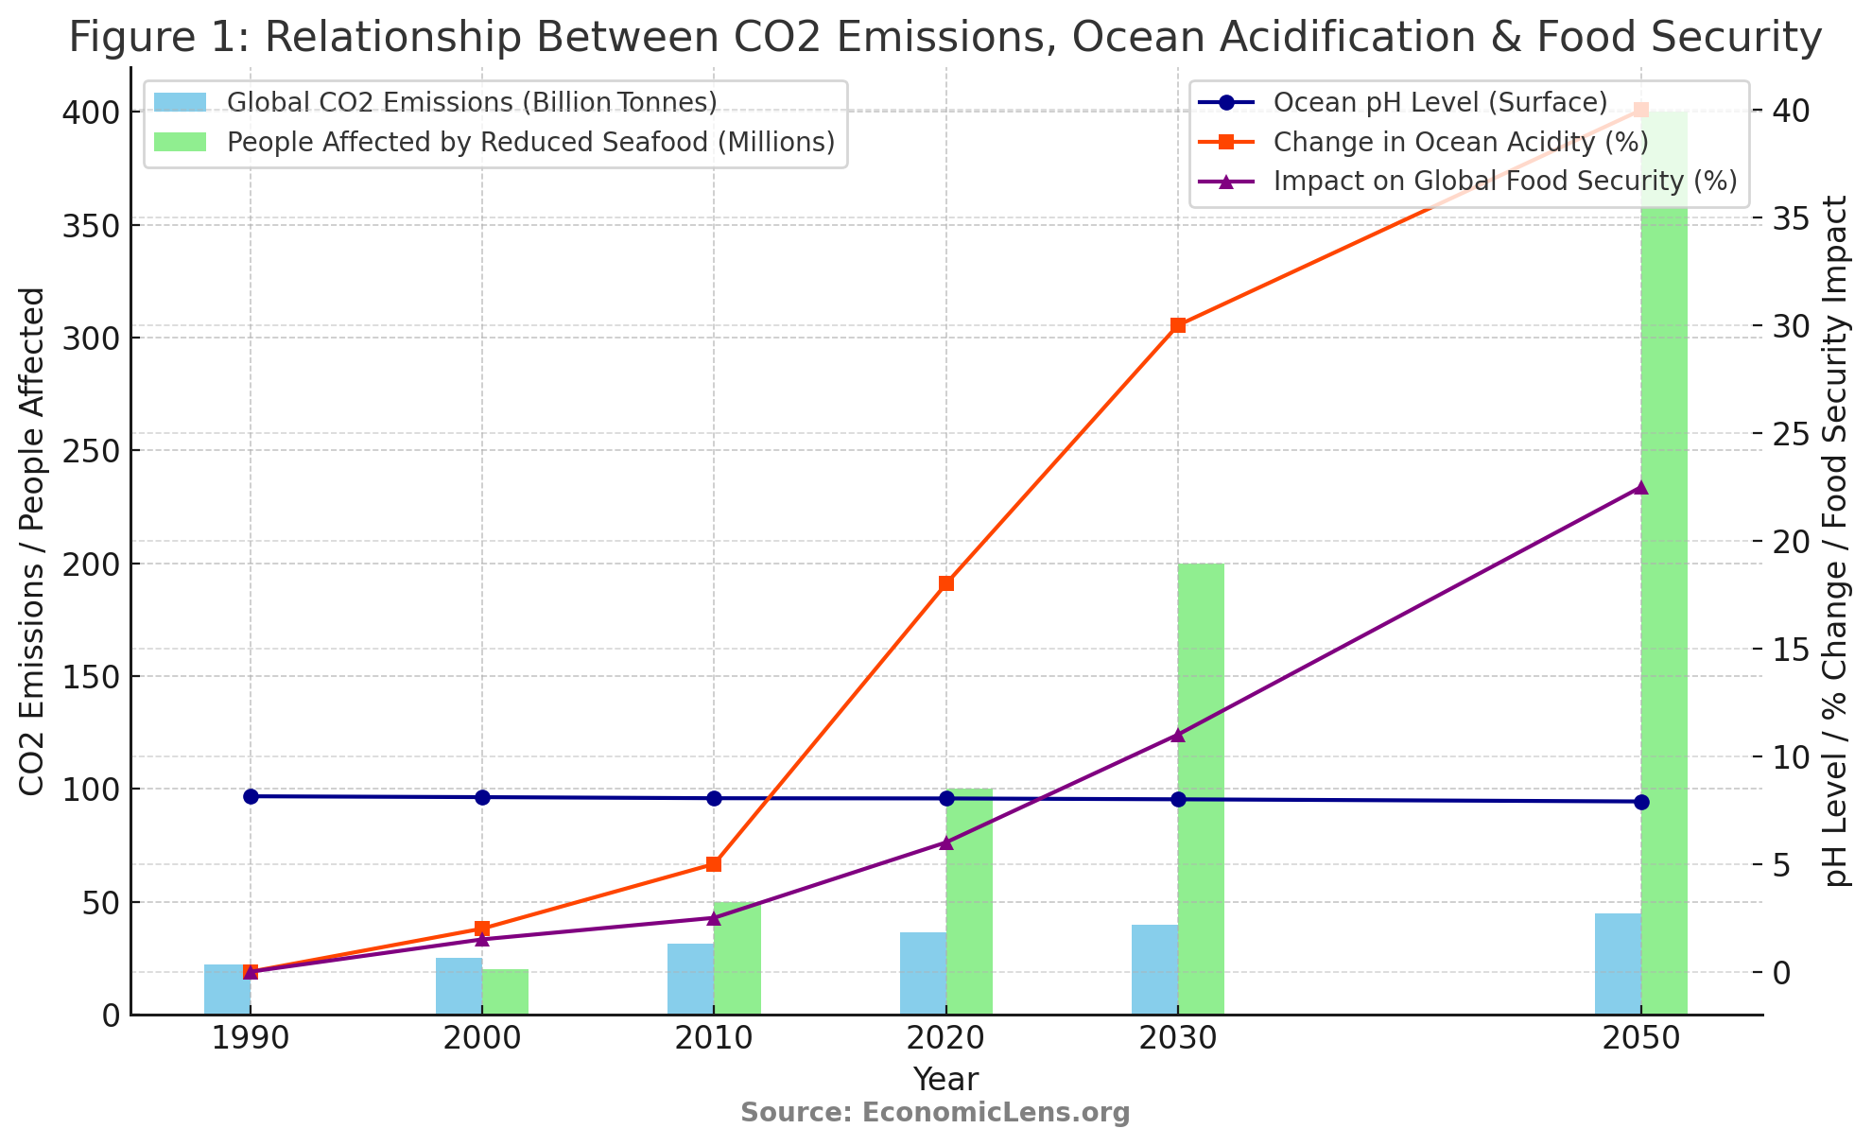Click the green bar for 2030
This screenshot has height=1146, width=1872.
[x=1201, y=789]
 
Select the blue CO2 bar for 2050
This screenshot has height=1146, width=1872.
[x=1618, y=964]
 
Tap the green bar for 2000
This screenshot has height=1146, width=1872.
[x=505, y=992]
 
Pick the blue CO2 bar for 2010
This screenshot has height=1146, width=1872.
[x=690, y=979]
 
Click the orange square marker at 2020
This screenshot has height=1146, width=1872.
[x=946, y=583]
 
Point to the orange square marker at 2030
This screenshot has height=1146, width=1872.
[x=1178, y=325]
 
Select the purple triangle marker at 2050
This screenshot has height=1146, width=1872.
[x=1641, y=488]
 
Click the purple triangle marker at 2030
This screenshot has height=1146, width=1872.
[x=1178, y=736]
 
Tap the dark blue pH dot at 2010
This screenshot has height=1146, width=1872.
[x=714, y=798]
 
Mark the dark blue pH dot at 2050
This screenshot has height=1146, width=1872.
[x=1641, y=802]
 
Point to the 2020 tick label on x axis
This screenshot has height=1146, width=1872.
[x=945, y=1039]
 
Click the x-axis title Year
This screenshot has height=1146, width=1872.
[x=945, y=1079]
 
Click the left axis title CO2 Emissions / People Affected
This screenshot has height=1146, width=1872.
[x=32, y=541]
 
